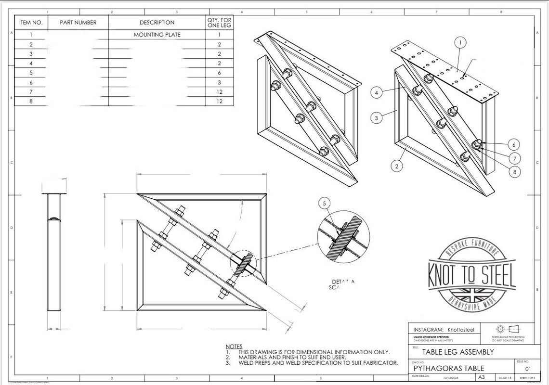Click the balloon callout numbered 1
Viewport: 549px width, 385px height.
point(460,43)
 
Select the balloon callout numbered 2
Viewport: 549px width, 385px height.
point(396,167)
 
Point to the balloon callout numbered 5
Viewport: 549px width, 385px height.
point(325,204)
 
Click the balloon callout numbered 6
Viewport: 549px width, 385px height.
point(514,144)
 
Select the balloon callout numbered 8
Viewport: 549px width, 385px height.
point(514,170)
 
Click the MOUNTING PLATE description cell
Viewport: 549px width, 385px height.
point(157,35)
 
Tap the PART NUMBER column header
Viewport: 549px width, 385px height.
point(78,22)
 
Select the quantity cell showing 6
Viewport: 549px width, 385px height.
point(220,73)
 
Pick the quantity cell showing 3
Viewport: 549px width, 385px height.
point(220,82)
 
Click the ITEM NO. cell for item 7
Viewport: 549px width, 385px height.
point(31,92)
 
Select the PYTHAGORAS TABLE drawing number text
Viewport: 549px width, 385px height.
point(443,369)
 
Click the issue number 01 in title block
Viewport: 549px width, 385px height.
point(523,369)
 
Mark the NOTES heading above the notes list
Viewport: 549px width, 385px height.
point(234,346)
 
